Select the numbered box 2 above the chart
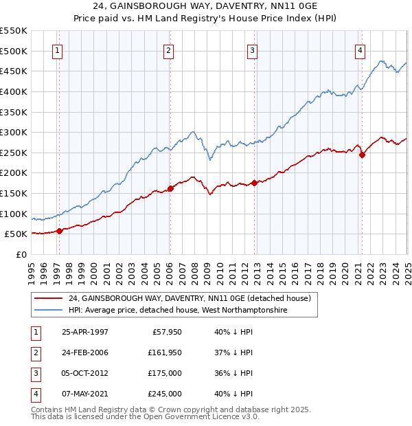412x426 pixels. click(169, 50)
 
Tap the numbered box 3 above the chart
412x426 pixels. click(253, 50)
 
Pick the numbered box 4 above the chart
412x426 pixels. click(360, 50)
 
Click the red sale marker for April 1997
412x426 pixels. click(60, 231)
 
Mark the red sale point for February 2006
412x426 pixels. click(170, 188)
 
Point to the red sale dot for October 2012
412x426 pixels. click(254, 183)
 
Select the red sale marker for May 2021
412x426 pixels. click(362, 155)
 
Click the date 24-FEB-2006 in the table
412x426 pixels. click(85, 352)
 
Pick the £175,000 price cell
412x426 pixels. click(165, 374)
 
